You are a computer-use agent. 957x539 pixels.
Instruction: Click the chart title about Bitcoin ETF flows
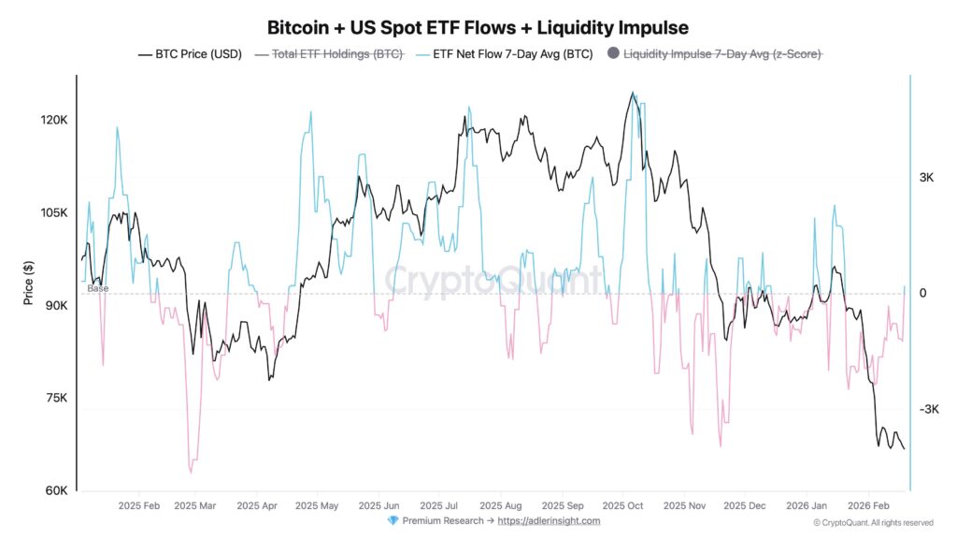click(x=478, y=27)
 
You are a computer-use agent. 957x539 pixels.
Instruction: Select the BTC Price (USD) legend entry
click(x=190, y=54)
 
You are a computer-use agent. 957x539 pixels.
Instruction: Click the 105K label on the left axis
click(x=53, y=213)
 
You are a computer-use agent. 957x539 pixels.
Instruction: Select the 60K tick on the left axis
click(x=55, y=491)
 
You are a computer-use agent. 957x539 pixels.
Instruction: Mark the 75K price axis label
click(x=55, y=399)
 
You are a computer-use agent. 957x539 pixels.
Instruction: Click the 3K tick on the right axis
click(x=927, y=178)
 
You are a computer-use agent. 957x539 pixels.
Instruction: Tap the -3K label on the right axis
click(x=929, y=410)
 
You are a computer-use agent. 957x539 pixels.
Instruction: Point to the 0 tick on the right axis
click(x=922, y=294)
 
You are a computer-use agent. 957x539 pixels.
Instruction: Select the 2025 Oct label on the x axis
click(x=623, y=505)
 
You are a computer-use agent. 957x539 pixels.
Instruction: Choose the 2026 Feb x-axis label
click(x=866, y=505)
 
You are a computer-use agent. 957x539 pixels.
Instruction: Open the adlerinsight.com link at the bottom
click(x=549, y=520)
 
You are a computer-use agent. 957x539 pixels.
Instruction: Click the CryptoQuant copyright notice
click(x=873, y=522)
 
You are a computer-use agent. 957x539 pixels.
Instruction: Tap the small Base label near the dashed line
click(x=98, y=288)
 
